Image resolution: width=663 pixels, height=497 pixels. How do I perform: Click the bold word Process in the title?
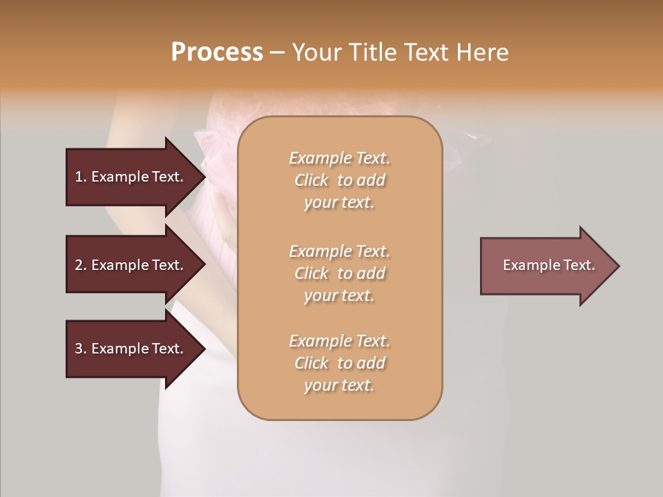pos(217,52)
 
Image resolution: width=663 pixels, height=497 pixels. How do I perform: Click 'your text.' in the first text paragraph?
pos(339,203)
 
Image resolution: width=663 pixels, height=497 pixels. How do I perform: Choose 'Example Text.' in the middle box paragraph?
pos(339,251)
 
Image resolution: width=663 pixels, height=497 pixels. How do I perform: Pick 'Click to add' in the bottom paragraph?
pos(339,363)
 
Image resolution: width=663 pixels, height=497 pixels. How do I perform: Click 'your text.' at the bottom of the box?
pos(339,386)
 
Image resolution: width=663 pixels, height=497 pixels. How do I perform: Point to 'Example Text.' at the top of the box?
pos(339,158)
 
